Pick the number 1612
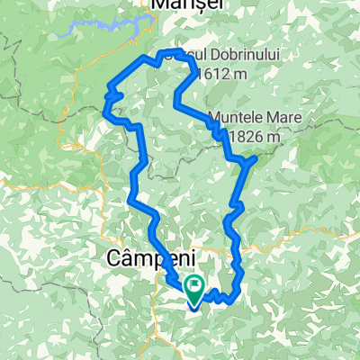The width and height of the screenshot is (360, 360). click(215, 72)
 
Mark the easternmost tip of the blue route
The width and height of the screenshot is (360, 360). click(257, 157)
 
